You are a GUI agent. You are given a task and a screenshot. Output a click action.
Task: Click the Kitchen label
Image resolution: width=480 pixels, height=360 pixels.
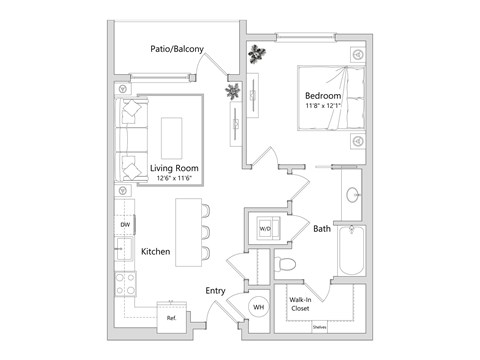coord(159,251)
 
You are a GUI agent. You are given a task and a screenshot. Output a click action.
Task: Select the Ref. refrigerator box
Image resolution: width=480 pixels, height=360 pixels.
coord(171,317)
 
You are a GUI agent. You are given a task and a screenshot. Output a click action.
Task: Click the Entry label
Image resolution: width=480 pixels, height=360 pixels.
coord(216,292)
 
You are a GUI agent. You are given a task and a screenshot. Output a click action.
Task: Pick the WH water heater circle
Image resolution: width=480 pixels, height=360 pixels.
coord(257,307)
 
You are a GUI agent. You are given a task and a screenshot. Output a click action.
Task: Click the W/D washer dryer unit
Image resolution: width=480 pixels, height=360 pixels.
coord(265,229)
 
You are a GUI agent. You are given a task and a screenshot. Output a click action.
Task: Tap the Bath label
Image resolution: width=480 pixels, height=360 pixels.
coord(322,229)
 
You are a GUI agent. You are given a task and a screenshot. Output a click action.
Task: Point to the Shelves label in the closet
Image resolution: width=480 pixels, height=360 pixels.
coord(320,327)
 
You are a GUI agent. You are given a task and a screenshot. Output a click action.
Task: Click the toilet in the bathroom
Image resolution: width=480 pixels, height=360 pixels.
coord(287,263)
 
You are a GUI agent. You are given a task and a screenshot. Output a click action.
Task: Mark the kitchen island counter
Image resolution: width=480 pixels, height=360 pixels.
coord(188,232)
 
